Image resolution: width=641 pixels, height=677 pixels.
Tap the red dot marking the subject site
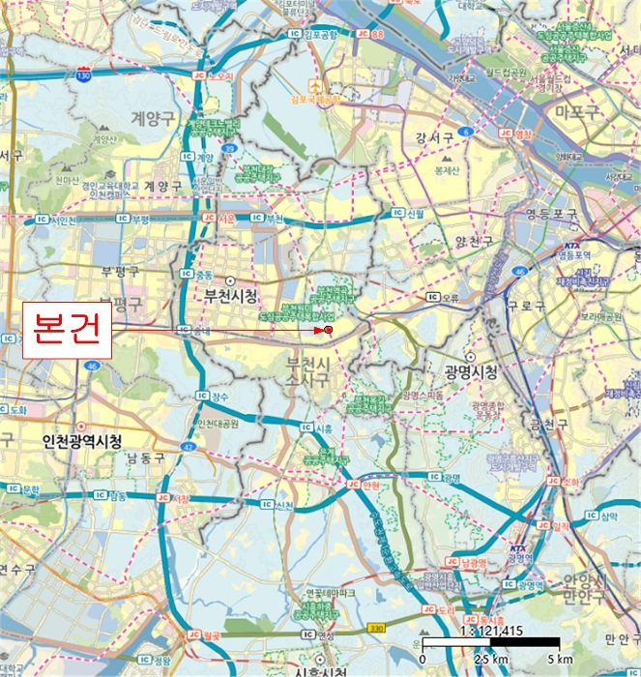[329, 331]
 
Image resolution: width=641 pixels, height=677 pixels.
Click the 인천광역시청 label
[82, 441]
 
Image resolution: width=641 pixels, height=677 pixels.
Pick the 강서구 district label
[433, 137]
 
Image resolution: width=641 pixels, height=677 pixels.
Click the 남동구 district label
[145, 457]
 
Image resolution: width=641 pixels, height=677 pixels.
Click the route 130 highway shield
[85, 74]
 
